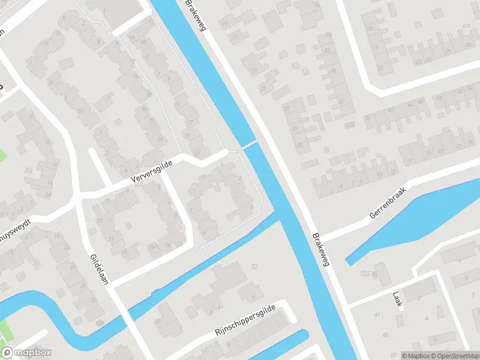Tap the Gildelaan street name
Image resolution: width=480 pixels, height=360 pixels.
pyautogui.click(x=99, y=270)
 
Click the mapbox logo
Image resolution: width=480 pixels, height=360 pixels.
pyautogui.click(x=26, y=353)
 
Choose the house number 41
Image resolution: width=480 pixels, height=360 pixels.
pyautogui.click(x=377, y=314)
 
